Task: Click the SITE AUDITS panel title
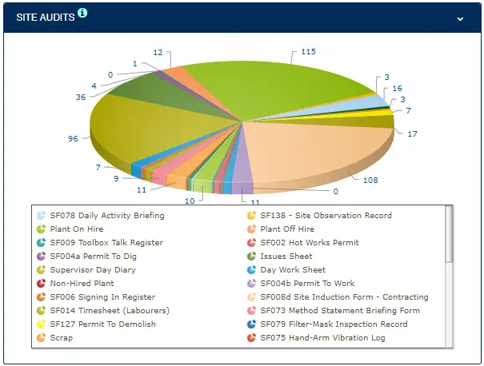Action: click(x=46, y=17)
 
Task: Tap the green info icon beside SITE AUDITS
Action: click(x=82, y=13)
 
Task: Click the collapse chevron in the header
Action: click(x=460, y=18)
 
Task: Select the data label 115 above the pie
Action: click(x=309, y=52)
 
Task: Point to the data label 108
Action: click(x=370, y=180)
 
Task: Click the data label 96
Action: click(x=74, y=138)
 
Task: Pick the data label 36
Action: click(x=81, y=97)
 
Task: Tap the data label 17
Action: click(x=412, y=134)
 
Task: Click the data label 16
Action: click(x=398, y=89)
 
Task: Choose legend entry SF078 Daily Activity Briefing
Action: click(x=106, y=216)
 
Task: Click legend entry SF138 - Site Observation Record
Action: click(x=326, y=216)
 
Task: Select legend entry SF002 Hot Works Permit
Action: click(x=309, y=243)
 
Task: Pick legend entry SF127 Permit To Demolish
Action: click(x=102, y=324)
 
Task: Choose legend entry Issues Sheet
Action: click(x=286, y=257)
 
